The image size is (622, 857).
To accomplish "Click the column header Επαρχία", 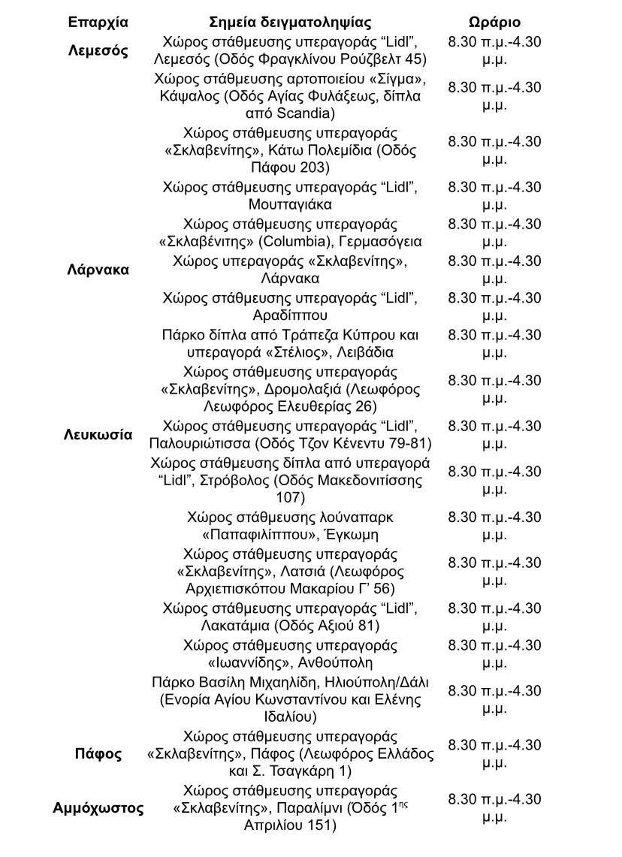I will [x=98, y=23].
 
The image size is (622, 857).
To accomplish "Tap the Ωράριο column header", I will [x=494, y=23].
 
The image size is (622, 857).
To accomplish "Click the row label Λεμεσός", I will [x=98, y=51].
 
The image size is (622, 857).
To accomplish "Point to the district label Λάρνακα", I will [x=98, y=270].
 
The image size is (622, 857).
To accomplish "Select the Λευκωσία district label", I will [x=98, y=435].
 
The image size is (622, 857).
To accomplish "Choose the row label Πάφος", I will [x=98, y=753].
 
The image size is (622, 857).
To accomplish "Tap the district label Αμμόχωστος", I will [x=98, y=808].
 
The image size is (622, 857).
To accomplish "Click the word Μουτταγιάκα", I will [x=290, y=204].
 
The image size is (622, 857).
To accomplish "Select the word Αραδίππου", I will [x=290, y=315].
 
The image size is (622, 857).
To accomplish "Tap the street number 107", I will [x=290, y=497].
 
